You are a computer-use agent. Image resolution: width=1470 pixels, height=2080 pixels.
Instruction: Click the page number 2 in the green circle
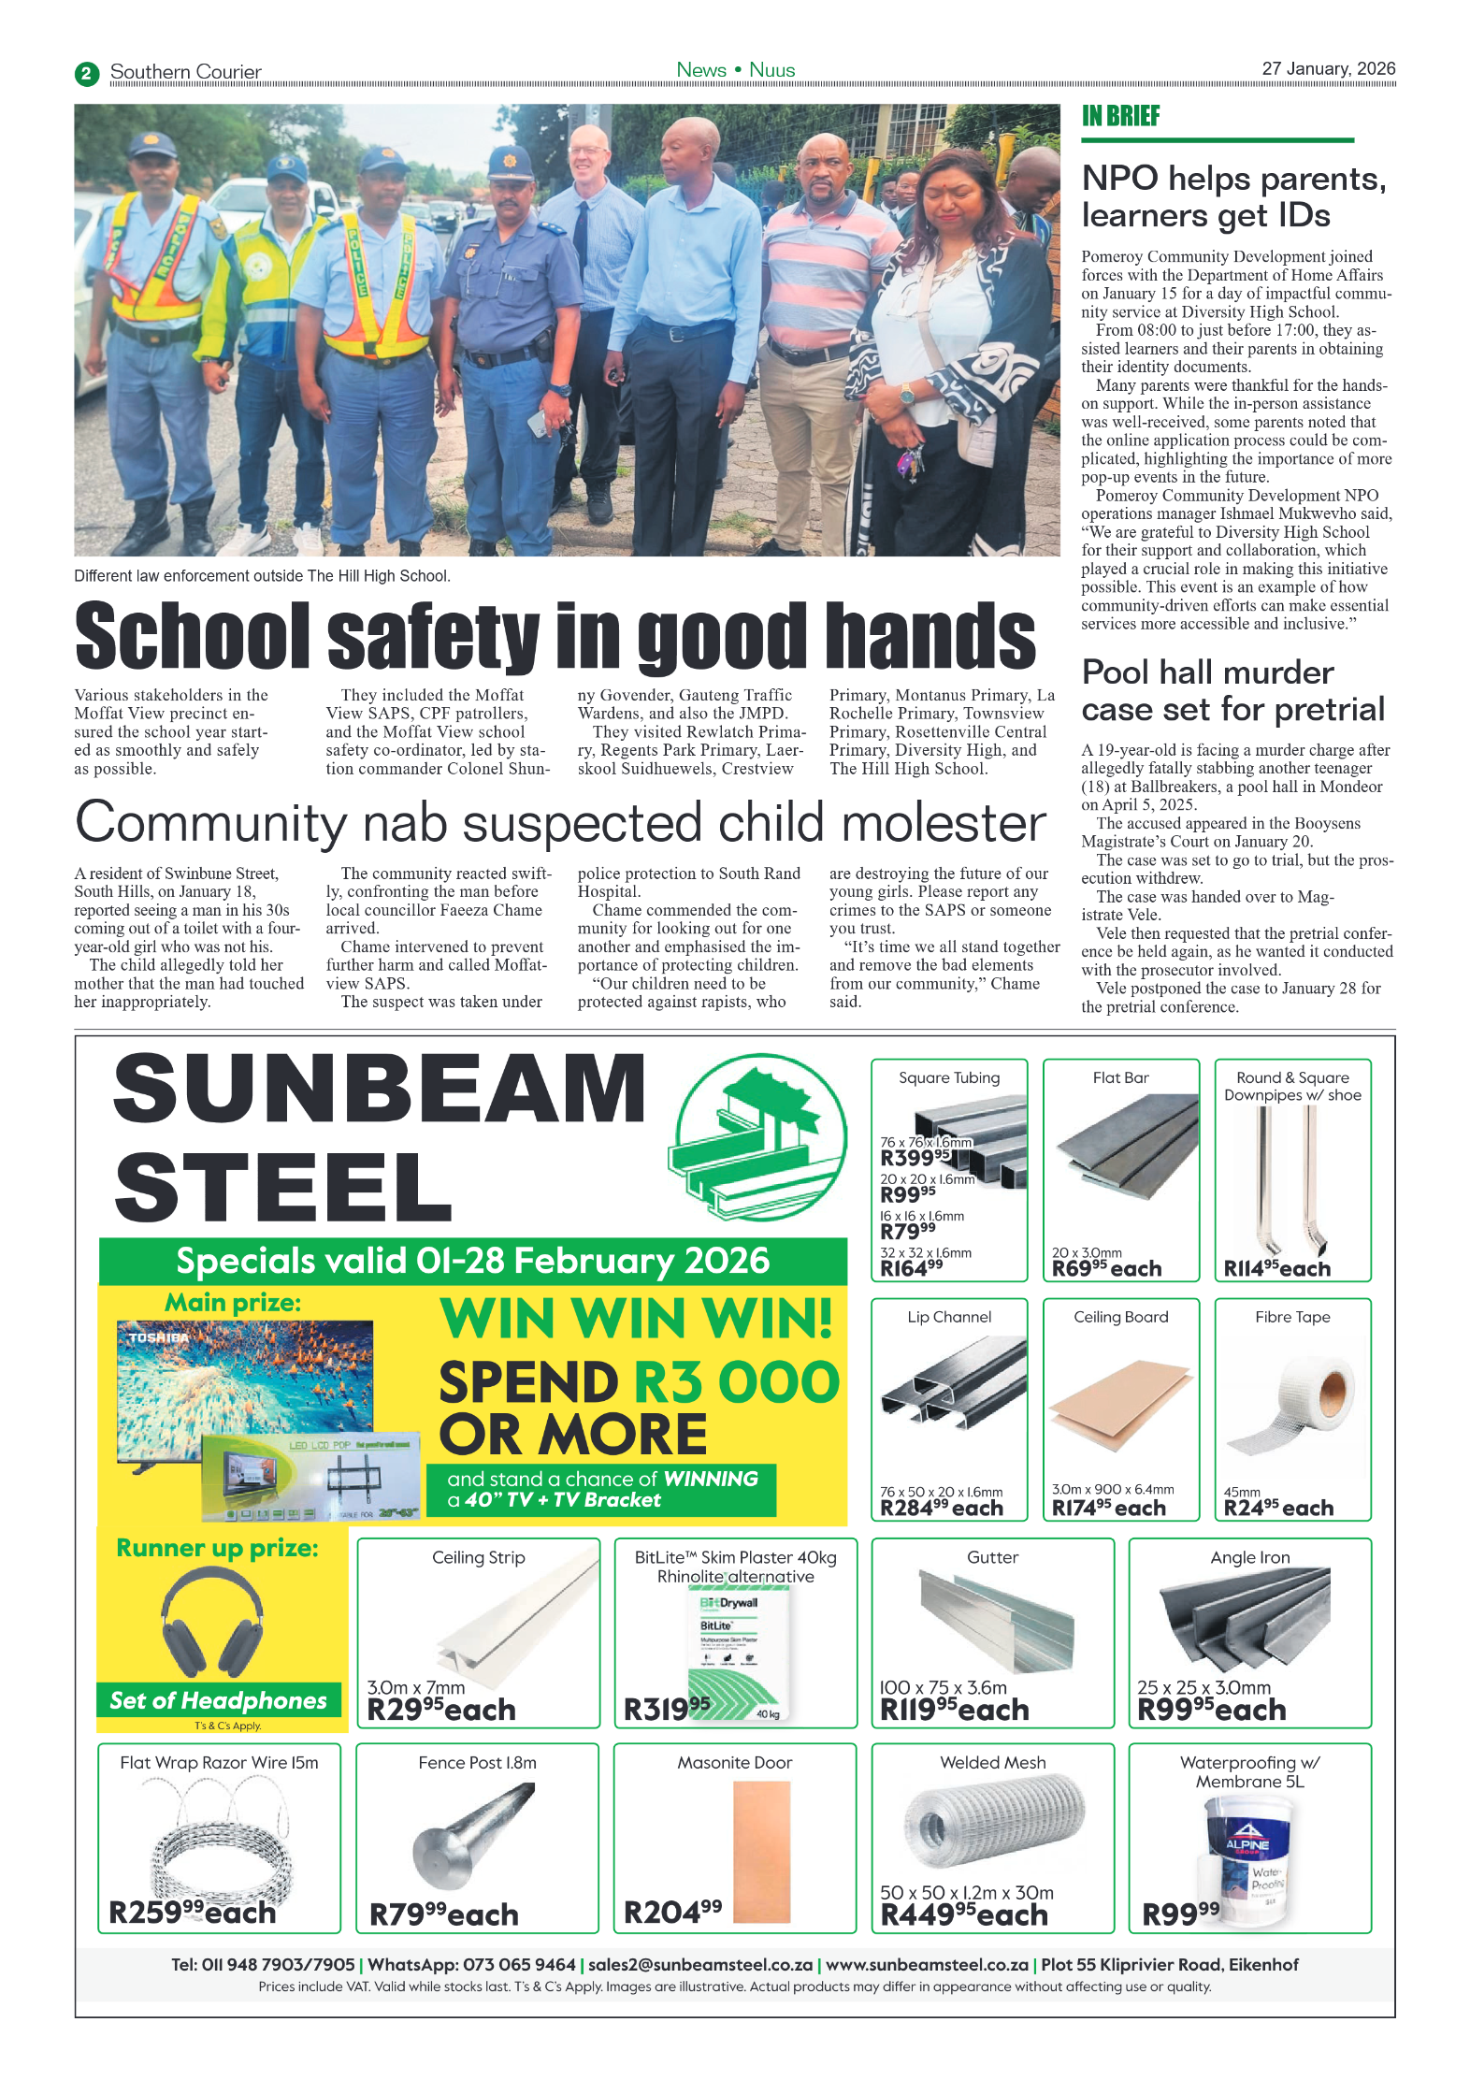87,73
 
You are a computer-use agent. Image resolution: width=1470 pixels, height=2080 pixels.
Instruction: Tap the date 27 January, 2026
1328,68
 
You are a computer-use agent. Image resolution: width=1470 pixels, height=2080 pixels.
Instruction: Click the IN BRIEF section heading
1120,116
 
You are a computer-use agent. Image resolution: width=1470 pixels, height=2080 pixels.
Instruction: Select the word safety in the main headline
434,636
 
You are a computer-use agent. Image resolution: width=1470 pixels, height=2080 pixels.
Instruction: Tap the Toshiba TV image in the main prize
245,1384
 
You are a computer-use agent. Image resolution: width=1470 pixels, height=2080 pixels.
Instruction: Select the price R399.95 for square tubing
915,1157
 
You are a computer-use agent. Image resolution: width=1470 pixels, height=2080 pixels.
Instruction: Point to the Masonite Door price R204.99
672,1912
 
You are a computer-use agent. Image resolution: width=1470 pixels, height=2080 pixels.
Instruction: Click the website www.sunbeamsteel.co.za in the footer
927,1965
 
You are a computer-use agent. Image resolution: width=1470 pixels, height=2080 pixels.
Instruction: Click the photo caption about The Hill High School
262,576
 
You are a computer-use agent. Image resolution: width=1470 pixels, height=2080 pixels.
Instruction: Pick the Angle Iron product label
1249,1557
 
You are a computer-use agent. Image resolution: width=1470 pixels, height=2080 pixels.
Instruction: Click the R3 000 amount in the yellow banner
736,1382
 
